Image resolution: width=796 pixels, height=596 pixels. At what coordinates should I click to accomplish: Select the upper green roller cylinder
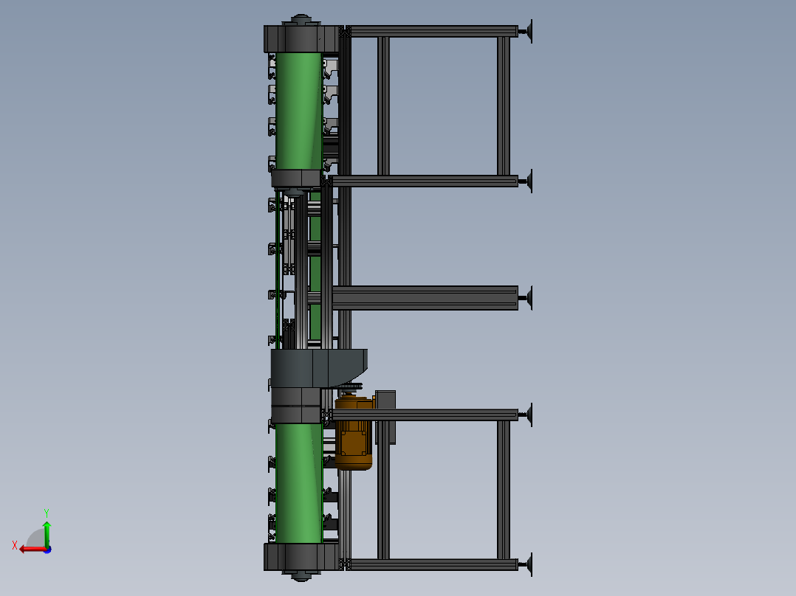299,111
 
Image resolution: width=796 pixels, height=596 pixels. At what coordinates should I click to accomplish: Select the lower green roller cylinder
299,483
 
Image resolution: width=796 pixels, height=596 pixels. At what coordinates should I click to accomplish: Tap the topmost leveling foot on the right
527,32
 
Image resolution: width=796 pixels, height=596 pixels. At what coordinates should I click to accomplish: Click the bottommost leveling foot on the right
527,564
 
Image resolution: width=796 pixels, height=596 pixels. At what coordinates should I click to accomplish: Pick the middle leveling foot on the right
527,298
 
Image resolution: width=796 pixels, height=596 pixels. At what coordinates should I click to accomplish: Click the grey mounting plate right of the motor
385,417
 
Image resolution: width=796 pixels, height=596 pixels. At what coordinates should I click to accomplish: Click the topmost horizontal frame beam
433,31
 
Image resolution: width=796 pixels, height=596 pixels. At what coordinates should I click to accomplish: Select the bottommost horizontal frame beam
433,564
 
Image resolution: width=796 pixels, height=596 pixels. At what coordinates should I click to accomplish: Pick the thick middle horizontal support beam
425,298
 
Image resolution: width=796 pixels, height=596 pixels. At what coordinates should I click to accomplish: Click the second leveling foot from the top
527,181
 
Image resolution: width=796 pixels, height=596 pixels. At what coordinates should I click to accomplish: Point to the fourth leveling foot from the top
527,415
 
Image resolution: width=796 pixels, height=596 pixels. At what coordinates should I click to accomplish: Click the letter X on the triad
15,545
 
